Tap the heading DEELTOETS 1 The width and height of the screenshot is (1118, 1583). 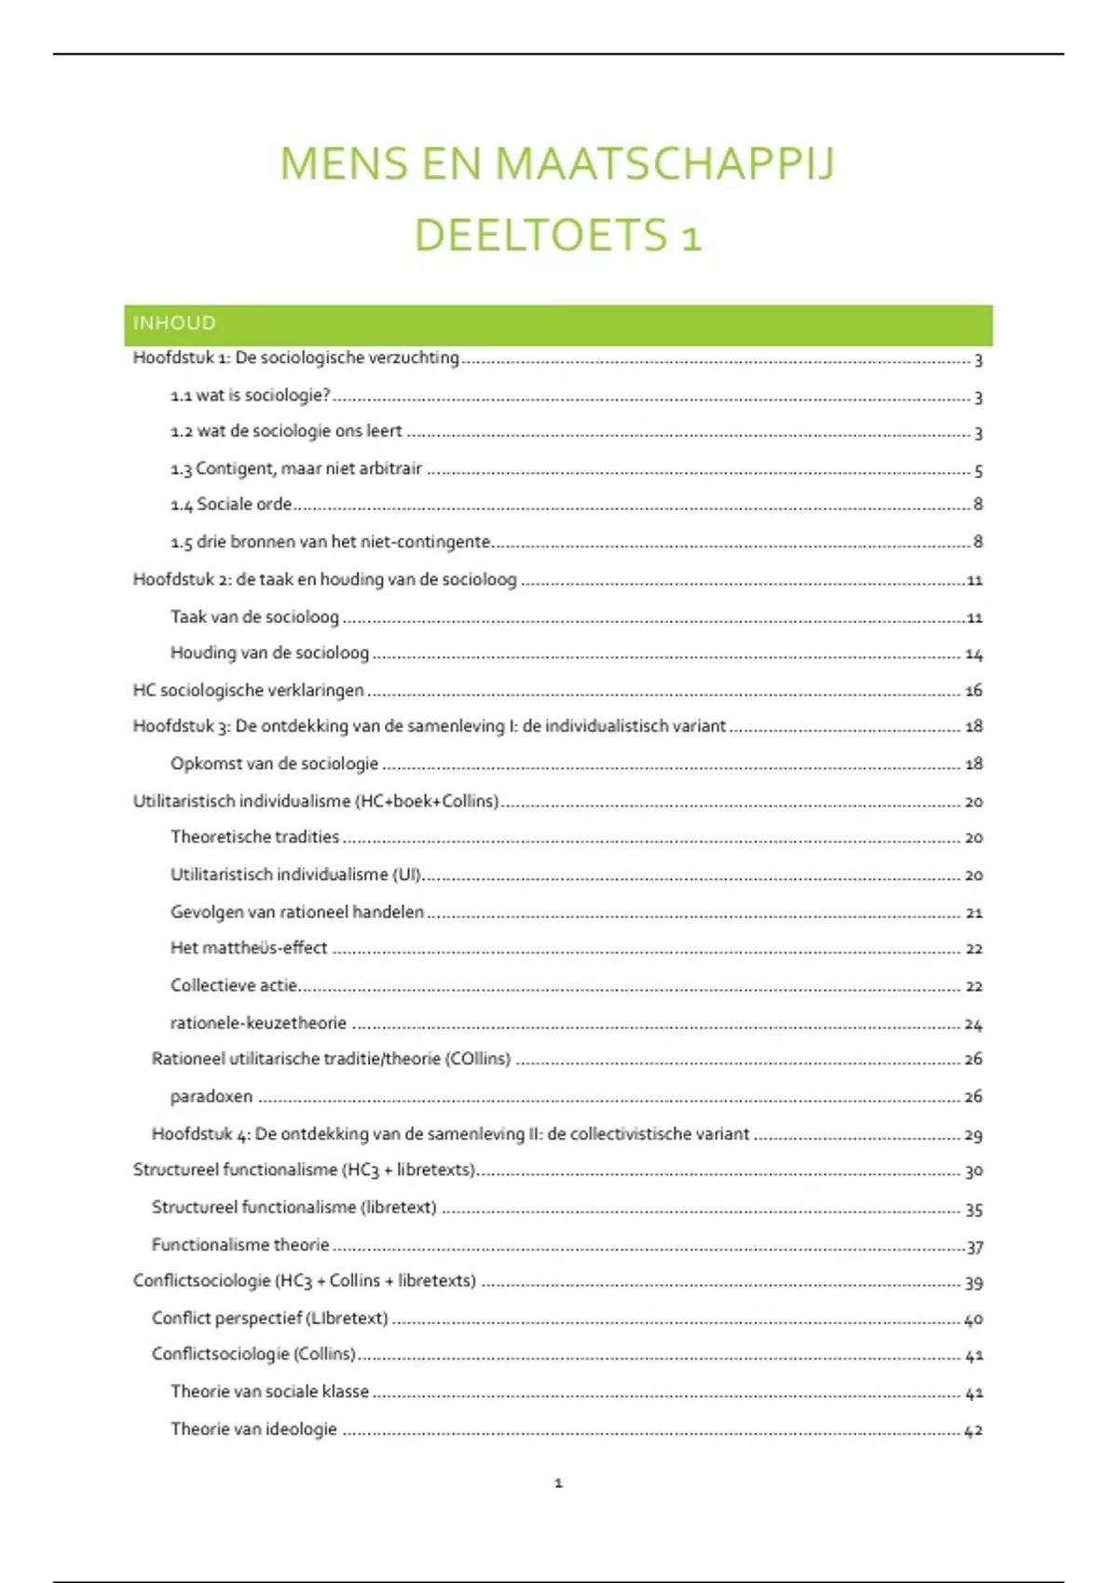557,235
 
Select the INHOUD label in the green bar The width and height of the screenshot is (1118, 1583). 174,323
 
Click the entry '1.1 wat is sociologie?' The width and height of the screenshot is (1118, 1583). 250,396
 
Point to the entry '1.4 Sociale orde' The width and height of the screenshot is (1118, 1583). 231,505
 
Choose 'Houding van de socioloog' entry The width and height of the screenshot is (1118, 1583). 269,653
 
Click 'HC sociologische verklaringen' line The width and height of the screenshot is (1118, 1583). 248,690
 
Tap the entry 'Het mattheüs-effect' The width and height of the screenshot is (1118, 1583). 249,948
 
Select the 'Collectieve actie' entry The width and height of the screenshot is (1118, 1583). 234,985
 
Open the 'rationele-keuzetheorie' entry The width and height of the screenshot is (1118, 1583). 258,1022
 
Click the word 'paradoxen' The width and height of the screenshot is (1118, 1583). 211,1097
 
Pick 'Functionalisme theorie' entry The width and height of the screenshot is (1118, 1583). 240,1245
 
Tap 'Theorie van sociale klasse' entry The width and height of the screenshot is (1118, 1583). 269,1392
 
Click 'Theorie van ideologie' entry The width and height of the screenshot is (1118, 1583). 253,1429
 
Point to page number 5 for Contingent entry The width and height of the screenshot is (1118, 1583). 978,471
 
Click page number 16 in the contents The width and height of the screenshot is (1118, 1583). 974,691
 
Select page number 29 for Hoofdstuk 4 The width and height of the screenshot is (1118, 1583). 974,1135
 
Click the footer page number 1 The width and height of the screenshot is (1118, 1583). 558,1483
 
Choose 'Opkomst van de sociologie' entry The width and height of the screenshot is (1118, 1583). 274,764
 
